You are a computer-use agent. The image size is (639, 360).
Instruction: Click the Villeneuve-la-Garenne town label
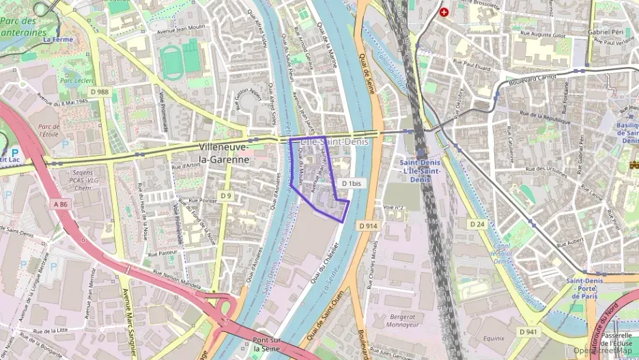(223, 153)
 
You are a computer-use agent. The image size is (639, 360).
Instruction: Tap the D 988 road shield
(99, 92)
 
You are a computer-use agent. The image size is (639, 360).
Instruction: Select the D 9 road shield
(226, 196)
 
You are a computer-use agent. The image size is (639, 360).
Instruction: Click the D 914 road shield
(367, 225)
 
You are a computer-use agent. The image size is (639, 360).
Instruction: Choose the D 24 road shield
(477, 224)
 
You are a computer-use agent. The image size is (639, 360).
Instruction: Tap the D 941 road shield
(528, 331)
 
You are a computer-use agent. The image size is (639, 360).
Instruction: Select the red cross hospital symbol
(444, 12)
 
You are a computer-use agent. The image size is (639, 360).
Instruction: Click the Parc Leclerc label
(76, 80)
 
